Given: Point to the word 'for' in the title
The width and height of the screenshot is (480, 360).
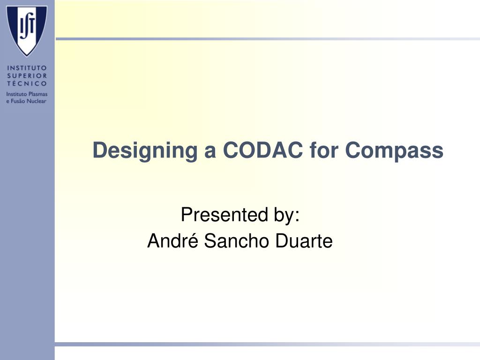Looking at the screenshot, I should [324, 150].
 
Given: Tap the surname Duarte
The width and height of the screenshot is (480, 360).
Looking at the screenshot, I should [304, 241].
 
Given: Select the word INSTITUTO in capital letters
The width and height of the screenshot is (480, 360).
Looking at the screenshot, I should [27, 68].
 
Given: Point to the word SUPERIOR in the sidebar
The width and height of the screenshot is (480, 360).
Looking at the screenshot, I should [27, 75].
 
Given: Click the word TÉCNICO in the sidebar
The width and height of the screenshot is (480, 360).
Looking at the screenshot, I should [27, 83].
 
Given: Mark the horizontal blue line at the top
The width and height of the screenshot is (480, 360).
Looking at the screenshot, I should [267, 39].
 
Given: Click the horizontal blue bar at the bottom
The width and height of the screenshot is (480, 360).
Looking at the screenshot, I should [267, 345].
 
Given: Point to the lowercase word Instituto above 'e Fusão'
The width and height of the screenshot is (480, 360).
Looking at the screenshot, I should [17, 94].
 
